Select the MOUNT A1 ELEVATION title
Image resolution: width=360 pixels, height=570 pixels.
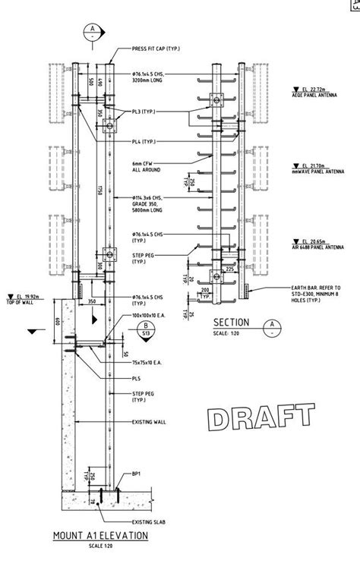(x=100, y=535)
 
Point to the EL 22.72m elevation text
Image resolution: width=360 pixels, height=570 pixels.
(x=313, y=89)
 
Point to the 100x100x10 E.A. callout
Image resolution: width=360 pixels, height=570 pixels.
(x=148, y=314)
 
